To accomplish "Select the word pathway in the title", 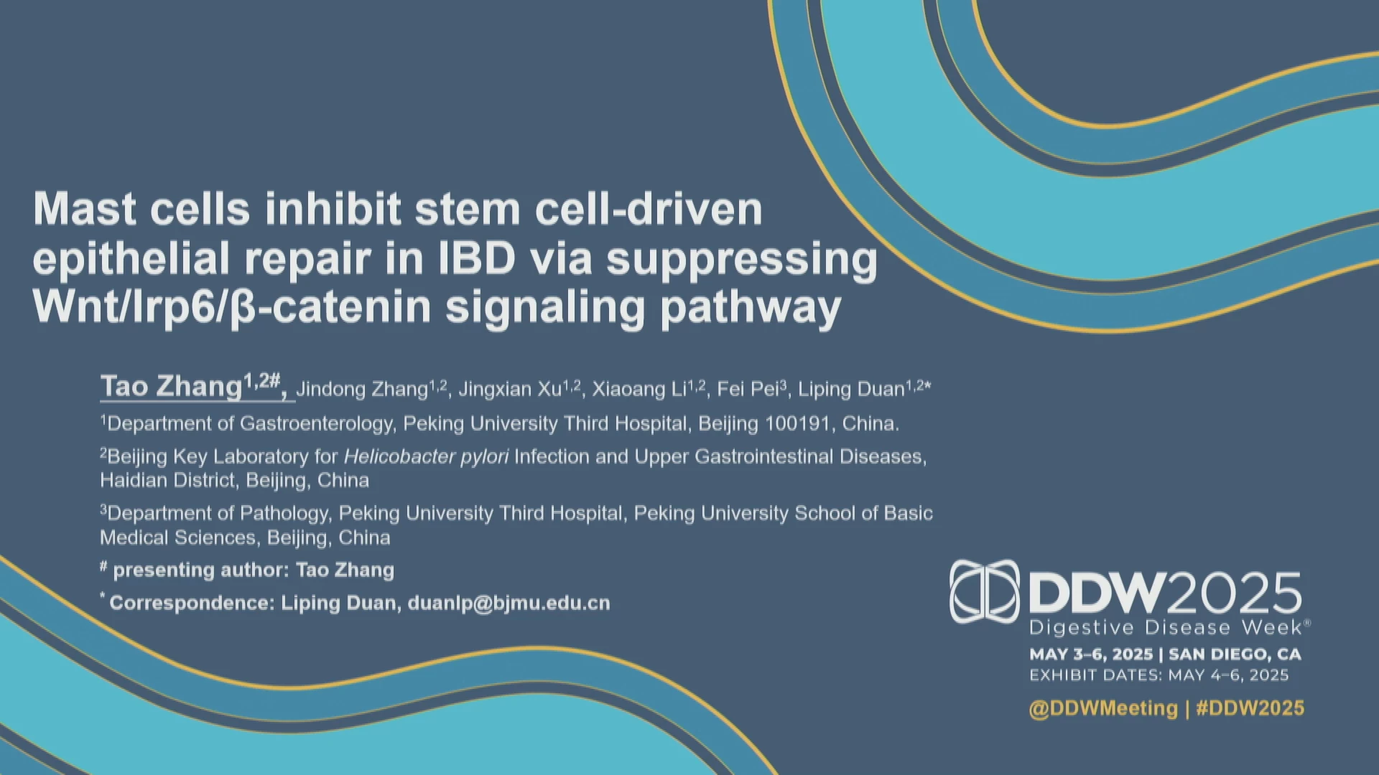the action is (751, 309).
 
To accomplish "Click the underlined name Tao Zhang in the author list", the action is (171, 386).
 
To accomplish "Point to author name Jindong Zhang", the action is (362, 389).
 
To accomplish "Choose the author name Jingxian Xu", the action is (510, 389).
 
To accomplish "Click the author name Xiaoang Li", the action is (639, 389).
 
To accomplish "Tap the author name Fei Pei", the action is (748, 389).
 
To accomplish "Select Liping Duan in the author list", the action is (851, 389).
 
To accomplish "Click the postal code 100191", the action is (797, 423).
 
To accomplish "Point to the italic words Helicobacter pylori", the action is (426, 456).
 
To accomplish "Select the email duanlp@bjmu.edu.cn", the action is (509, 603).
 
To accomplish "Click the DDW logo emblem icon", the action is (985, 591).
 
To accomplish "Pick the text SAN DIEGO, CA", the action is (1235, 654).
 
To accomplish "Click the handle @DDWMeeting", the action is (1103, 708).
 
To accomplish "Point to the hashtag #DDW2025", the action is (1250, 708).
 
